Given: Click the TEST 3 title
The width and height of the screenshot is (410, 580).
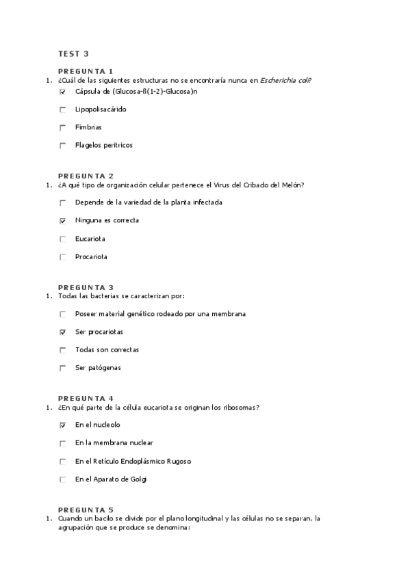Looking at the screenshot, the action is [73, 53].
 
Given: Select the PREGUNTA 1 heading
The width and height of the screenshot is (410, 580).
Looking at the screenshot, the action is [86, 71].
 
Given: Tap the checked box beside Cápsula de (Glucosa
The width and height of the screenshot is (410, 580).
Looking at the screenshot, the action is [63, 92].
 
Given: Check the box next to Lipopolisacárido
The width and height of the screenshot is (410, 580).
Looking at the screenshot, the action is [63, 109].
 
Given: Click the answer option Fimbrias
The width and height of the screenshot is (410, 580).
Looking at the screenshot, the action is [88, 127].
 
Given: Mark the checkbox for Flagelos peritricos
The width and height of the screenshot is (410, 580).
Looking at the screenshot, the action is [63, 145].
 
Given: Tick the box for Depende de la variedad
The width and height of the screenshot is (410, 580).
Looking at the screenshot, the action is [63, 202].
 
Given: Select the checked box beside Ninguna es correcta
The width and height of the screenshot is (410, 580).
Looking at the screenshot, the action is [63, 221].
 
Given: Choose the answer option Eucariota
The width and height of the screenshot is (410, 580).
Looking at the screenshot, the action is [90, 239].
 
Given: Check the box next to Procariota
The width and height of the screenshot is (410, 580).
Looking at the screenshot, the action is [63, 257].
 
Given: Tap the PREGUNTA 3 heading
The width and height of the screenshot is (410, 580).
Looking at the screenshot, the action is [86, 287].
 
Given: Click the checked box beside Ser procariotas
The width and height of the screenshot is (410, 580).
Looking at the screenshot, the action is [63, 332].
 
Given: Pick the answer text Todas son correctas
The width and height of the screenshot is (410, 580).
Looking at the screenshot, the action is [107, 350].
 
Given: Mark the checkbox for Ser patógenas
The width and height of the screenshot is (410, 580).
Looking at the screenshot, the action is [63, 368].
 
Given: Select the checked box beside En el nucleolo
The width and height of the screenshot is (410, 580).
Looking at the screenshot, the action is [63, 425].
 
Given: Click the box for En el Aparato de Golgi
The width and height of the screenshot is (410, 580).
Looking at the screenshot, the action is [63, 479].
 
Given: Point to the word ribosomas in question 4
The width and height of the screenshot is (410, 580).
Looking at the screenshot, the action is [242, 408].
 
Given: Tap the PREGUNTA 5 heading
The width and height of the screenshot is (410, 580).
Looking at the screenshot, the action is [86, 510].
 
